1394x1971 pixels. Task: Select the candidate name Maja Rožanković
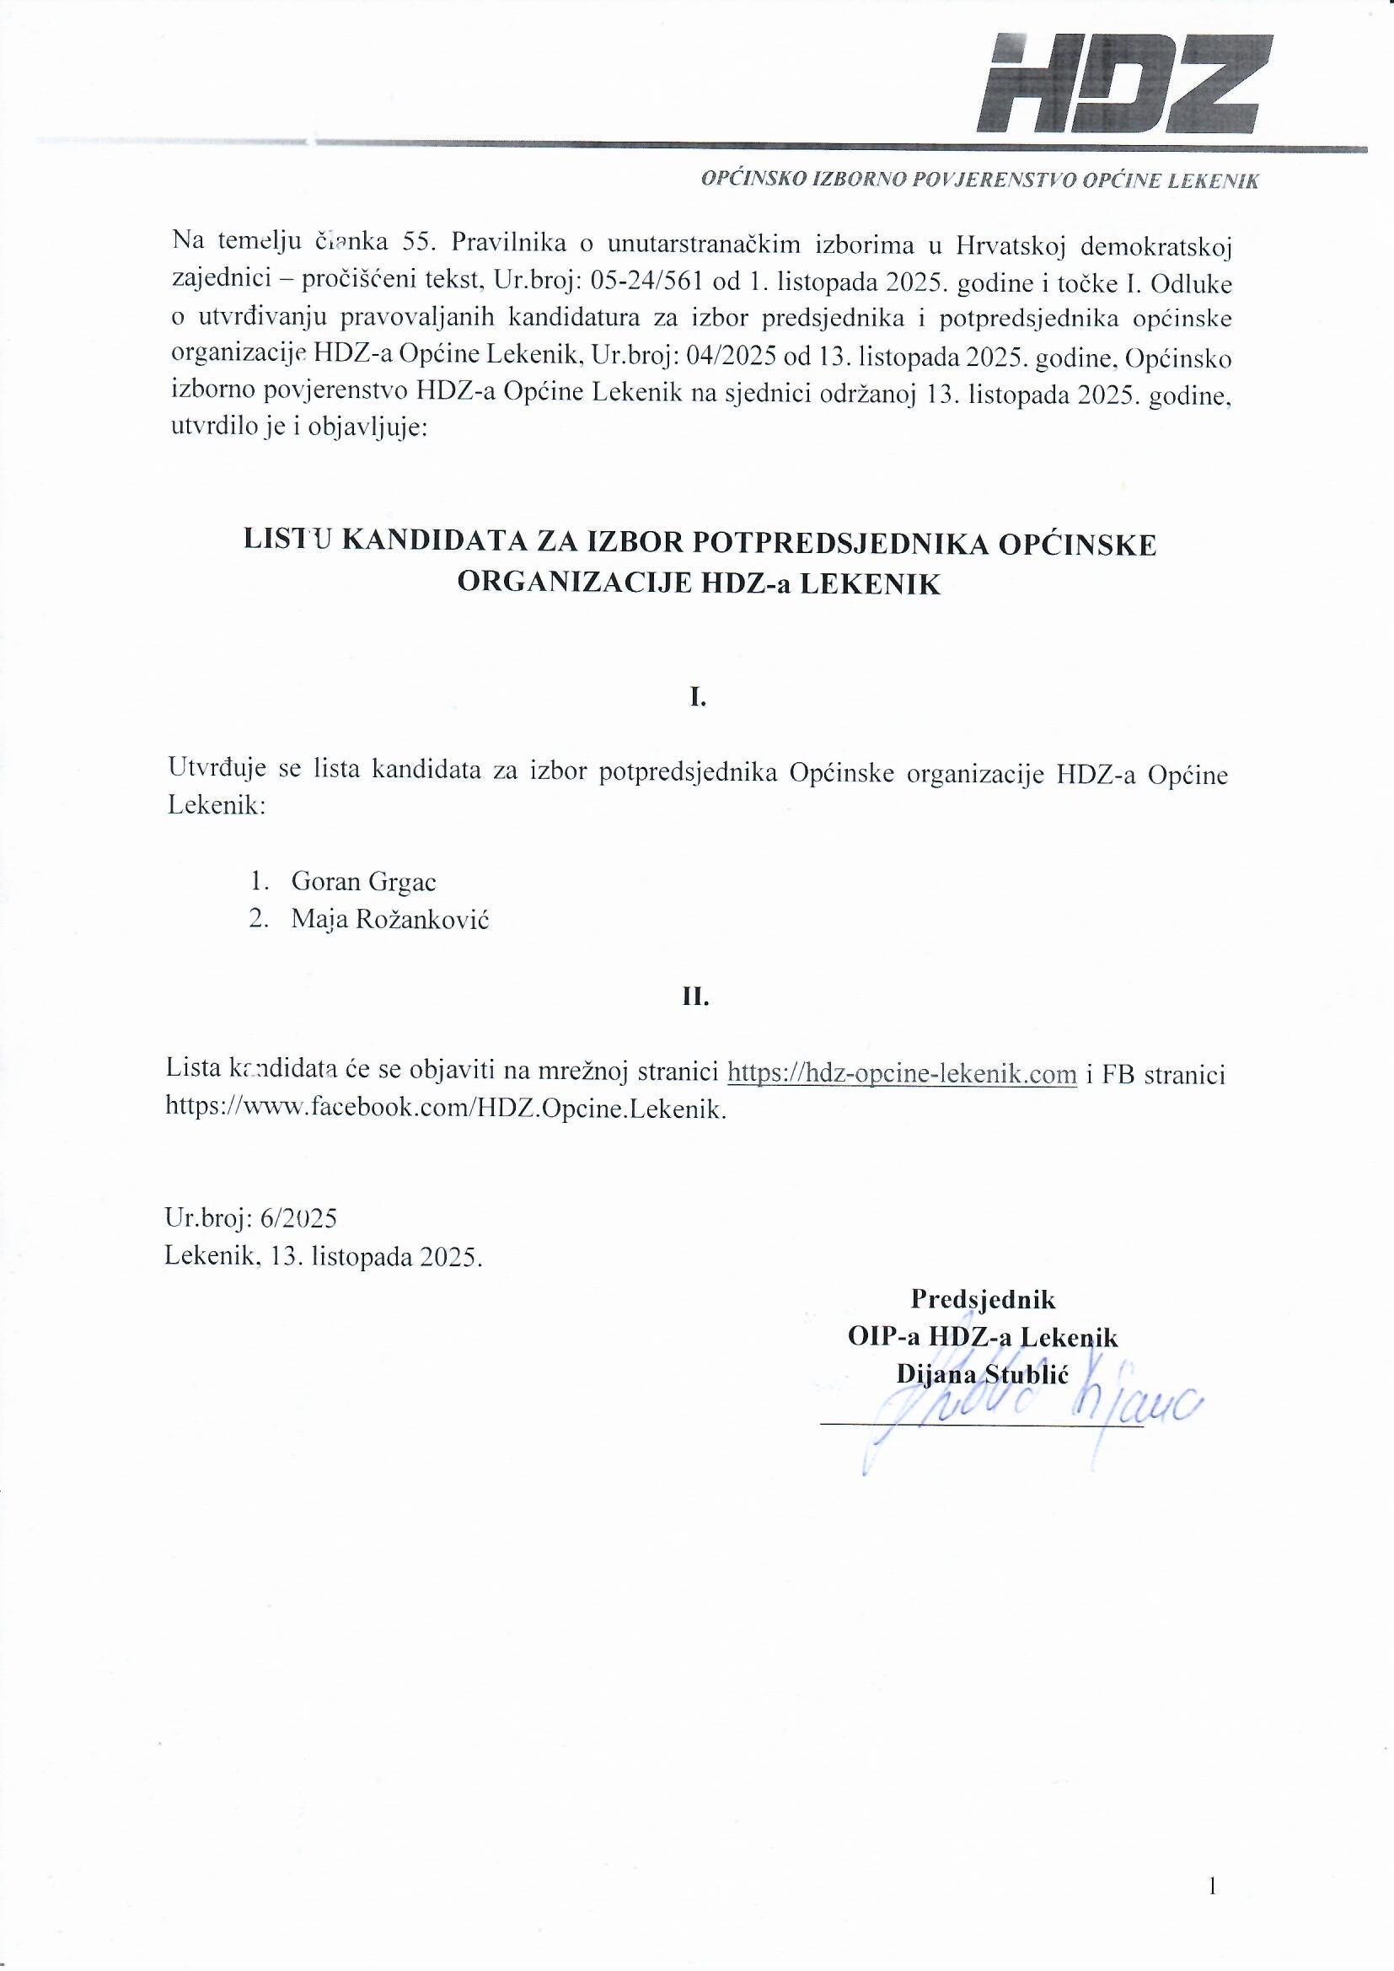point(389,920)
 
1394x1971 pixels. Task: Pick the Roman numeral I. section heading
point(698,698)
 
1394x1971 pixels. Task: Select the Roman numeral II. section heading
point(696,996)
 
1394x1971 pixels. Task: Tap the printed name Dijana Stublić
point(982,1375)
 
